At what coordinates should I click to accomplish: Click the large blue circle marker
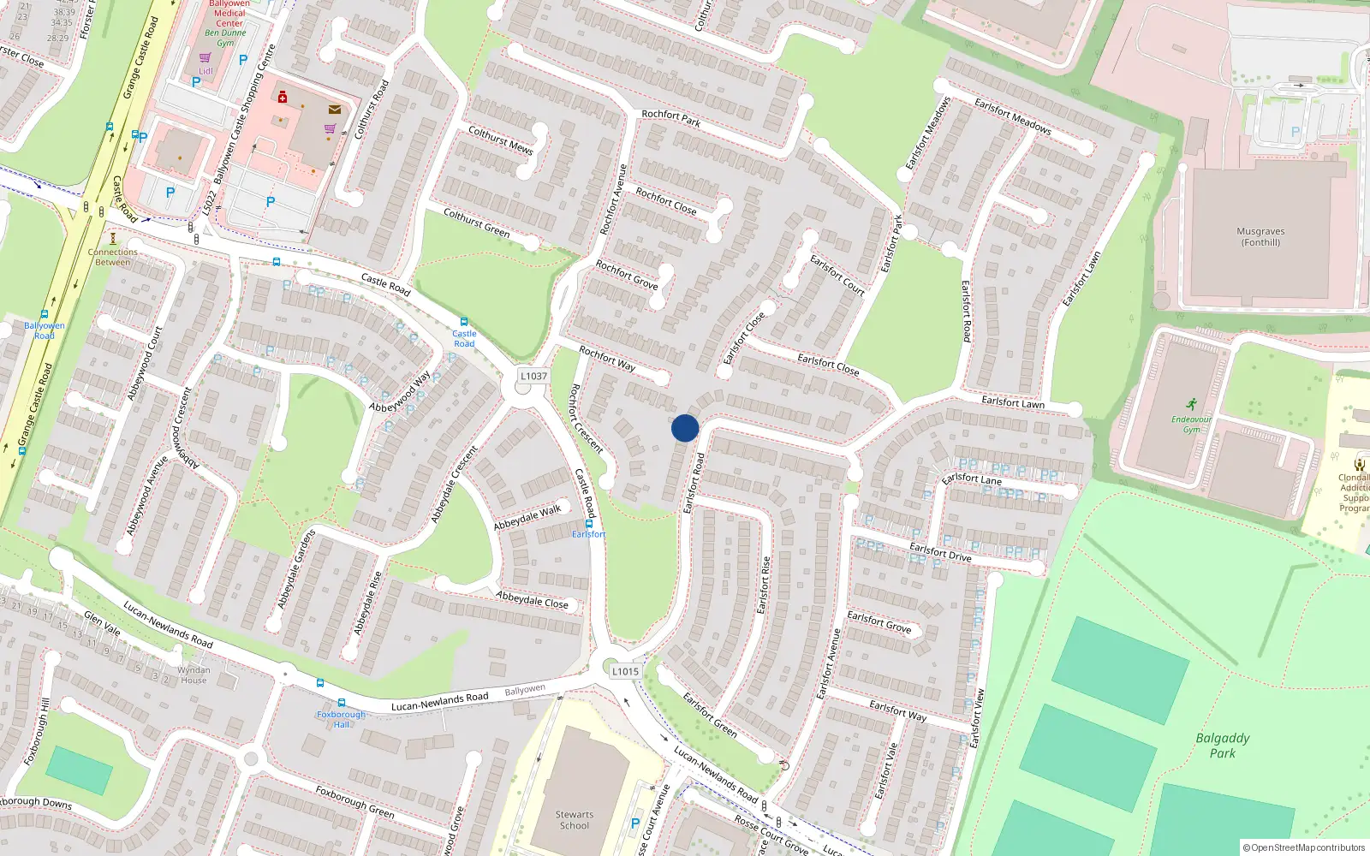(685, 428)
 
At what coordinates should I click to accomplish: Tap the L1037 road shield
(533, 376)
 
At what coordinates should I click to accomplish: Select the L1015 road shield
(625, 671)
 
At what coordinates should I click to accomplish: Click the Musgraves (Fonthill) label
(1260, 237)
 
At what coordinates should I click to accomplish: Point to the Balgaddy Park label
(1223, 745)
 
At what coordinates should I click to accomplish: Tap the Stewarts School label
(574, 820)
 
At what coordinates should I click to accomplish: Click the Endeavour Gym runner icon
(1192, 404)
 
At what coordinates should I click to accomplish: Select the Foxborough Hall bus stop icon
(341, 703)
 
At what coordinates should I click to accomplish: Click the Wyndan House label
(194, 675)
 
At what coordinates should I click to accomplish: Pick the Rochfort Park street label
(671, 118)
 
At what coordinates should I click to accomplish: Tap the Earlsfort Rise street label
(764, 585)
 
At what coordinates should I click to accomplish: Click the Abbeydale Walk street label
(527, 517)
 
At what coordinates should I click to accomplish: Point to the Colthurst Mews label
(501, 140)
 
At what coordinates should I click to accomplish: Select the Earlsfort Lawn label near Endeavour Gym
(1013, 402)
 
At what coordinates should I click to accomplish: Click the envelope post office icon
(334, 110)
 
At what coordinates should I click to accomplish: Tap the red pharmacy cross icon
(283, 97)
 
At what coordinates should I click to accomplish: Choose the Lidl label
(205, 71)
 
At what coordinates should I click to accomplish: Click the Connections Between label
(112, 257)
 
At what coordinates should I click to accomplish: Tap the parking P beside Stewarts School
(634, 824)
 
